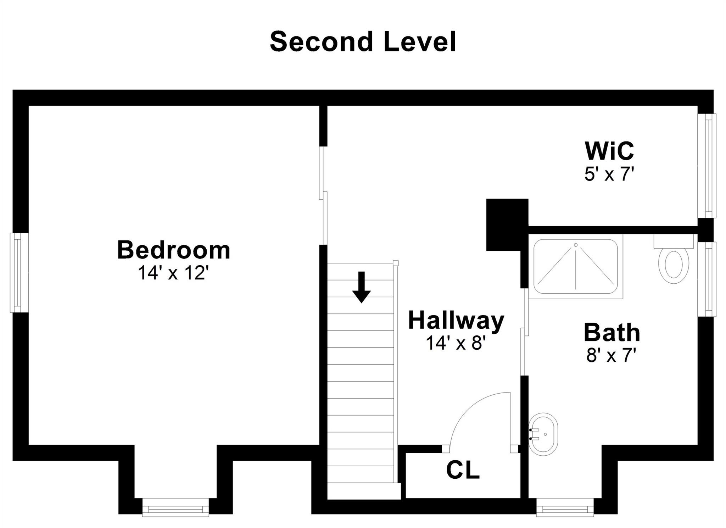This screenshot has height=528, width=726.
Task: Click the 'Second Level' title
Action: click(x=363, y=42)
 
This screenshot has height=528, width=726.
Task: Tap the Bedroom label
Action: click(x=174, y=250)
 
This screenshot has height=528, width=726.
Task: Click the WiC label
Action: click(x=609, y=151)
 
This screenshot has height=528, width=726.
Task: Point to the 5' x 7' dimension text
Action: click(x=609, y=174)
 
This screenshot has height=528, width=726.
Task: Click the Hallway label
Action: click(x=456, y=321)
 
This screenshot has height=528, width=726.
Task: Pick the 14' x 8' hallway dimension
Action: click(x=456, y=343)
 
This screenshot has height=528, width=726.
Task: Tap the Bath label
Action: click(x=612, y=332)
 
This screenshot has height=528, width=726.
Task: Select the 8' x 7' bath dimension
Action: click(x=612, y=355)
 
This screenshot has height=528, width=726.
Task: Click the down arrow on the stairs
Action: click(x=361, y=287)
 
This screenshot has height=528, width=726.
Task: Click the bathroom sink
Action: click(x=543, y=434)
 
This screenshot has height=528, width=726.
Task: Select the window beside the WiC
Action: click(x=707, y=166)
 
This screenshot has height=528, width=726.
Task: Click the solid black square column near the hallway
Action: click(x=507, y=225)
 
